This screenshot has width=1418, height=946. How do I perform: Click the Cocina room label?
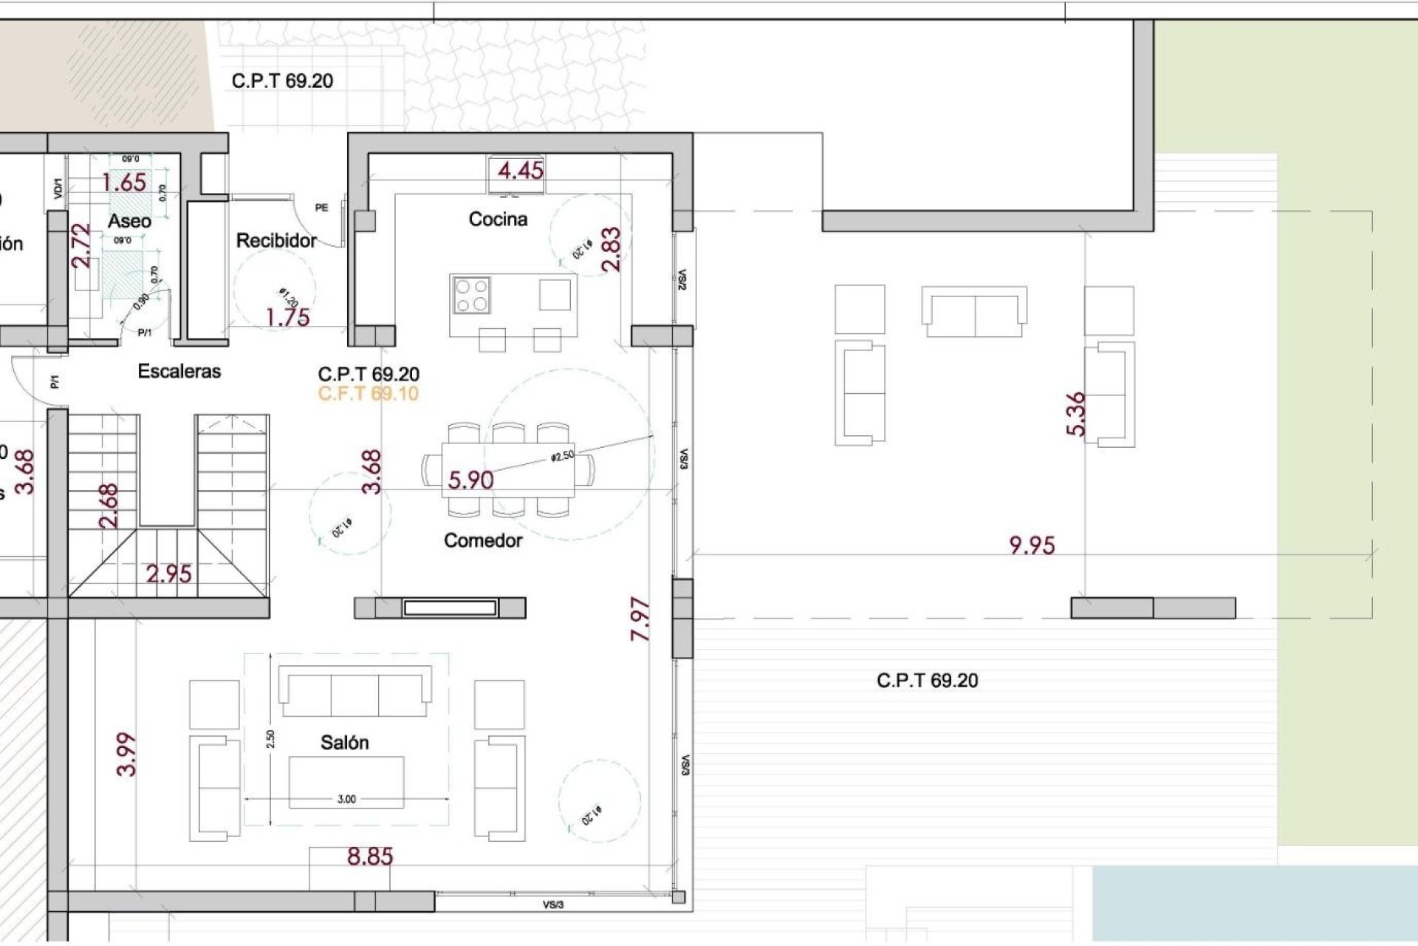click(x=498, y=219)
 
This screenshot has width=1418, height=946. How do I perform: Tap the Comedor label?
click(x=483, y=540)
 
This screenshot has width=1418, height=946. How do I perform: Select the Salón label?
click(x=344, y=743)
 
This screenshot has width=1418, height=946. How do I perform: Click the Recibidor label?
click(x=276, y=240)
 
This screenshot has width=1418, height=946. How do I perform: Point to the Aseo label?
click(x=129, y=220)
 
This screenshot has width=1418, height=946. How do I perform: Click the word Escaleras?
click(x=179, y=371)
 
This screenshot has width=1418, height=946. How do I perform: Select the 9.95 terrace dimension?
click(x=1032, y=545)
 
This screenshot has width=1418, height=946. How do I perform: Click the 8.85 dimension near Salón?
click(x=370, y=857)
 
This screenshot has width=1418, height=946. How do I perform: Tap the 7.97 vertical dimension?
click(x=641, y=619)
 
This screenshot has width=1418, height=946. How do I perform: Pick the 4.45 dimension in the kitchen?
click(x=520, y=171)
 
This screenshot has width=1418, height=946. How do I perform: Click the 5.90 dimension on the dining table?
click(x=470, y=480)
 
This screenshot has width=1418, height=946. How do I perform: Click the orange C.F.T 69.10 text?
click(x=369, y=393)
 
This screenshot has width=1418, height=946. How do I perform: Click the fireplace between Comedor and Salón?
click(x=449, y=608)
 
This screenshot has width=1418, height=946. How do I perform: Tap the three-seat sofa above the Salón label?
click(x=354, y=691)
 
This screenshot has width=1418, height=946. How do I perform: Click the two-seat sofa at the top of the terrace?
click(x=974, y=311)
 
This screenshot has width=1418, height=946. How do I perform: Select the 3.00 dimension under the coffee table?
click(x=346, y=799)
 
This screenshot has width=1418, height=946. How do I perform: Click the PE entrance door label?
click(x=321, y=208)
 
